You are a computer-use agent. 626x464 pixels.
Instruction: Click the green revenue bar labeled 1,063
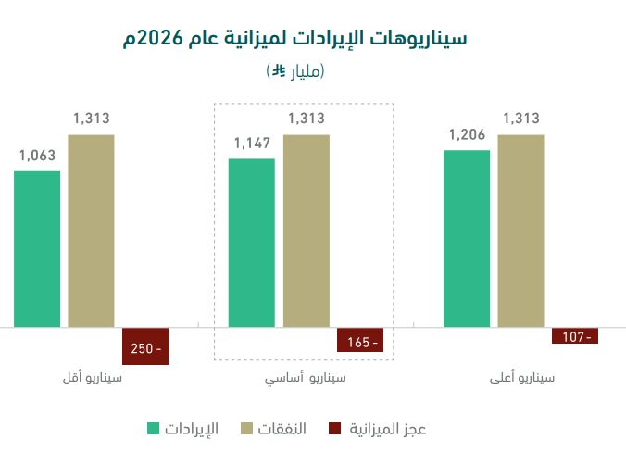(37, 249)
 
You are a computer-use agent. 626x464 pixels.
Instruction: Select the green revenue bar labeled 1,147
(252, 243)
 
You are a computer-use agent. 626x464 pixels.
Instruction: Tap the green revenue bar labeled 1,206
(467, 238)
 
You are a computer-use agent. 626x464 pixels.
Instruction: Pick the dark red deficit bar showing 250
(145, 346)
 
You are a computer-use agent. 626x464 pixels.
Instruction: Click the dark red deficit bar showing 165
(360, 341)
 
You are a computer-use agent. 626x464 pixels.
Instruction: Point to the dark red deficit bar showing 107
(575, 336)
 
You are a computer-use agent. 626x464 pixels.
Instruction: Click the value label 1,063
(37, 155)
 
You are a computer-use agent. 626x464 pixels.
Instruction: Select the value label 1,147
(252, 143)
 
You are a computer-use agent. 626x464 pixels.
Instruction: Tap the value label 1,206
(467, 134)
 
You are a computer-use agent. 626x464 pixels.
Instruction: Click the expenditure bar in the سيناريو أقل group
(91, 231)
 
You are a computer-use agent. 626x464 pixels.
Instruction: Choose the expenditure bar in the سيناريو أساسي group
(307, 231)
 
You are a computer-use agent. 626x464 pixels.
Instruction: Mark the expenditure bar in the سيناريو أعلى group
(520, 231)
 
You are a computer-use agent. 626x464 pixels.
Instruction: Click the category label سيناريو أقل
(92, 379)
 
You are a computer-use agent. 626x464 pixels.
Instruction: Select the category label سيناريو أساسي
(306, 379)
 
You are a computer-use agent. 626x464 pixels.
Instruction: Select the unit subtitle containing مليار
(295, 70)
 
